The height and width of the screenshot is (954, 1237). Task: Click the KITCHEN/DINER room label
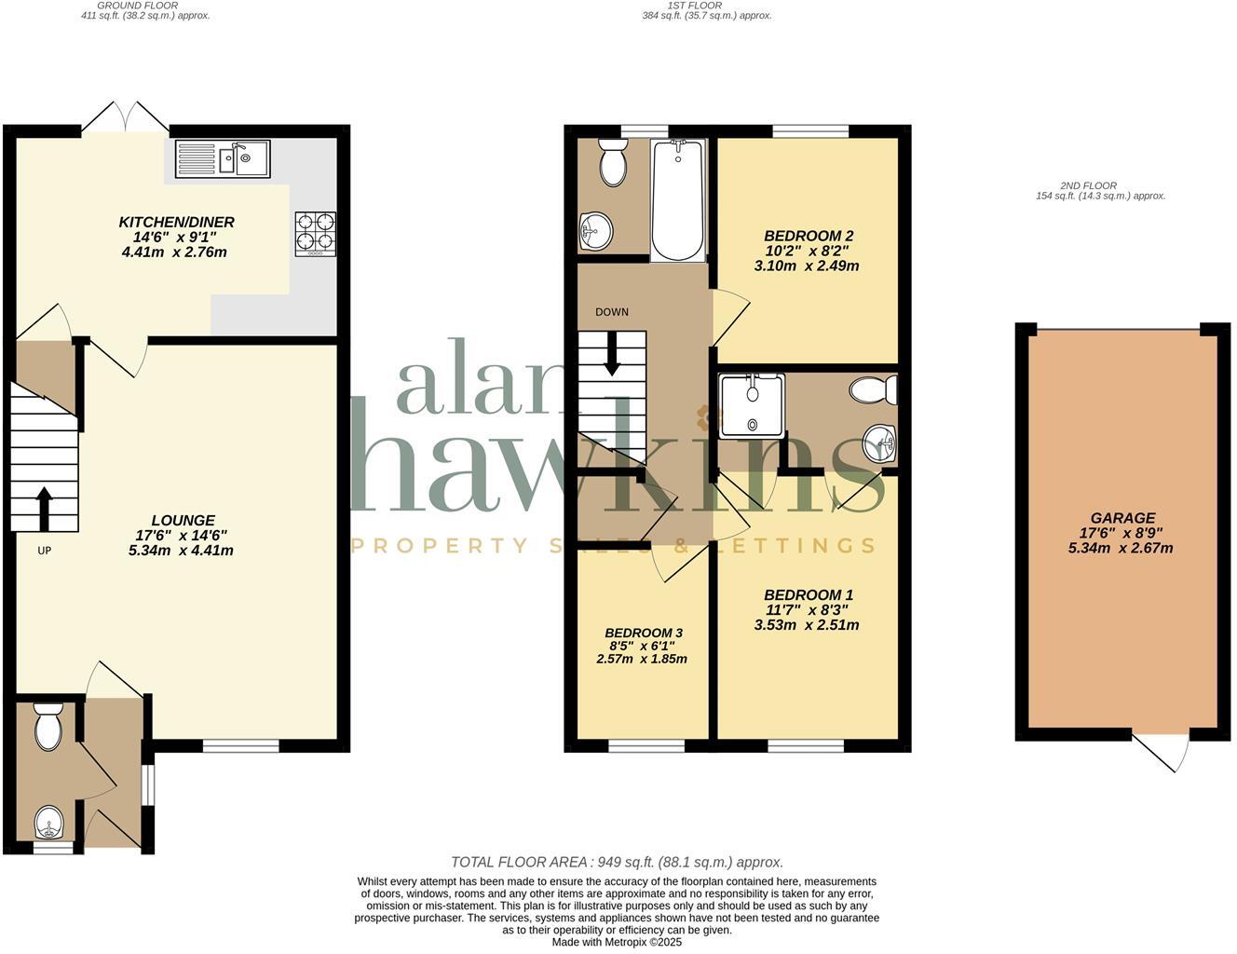click(176, 222)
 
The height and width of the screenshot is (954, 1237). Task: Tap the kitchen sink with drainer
click(222, 158)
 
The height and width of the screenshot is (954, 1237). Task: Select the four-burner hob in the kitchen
click(316, 234)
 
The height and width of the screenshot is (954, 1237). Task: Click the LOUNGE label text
click(184, 521)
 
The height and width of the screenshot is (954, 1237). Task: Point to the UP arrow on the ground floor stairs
click(44, 508)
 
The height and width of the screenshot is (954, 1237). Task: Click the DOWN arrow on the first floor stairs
click(612, 356)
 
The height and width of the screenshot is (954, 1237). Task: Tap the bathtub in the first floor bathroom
click(677, 199)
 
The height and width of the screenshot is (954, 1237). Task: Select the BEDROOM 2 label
click(808, 236)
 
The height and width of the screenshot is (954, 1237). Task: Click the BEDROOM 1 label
click(808, 594)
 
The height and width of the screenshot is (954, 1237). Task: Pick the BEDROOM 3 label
click(642, 634)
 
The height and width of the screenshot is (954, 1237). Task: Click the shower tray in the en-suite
click(752, 405)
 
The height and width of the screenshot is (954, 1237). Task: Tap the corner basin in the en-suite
click(878, 443)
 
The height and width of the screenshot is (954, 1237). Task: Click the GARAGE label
click(1122, 518)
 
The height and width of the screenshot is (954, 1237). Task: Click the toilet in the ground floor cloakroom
click(48, 727)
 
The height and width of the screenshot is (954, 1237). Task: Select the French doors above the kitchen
click(126, 116)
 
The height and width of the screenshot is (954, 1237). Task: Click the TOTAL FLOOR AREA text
click(617, 863)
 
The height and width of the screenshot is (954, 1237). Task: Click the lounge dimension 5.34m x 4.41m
click(181, 551)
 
